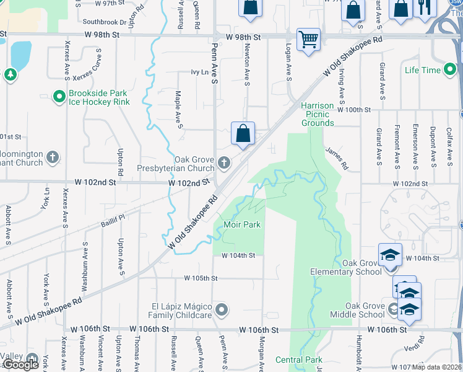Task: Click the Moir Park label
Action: pyautogui.click(x=242, y=224)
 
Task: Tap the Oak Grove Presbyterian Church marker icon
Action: pyautogui.click(x=224, y=164)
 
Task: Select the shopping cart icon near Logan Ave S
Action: pyautogui.click(x=308, y=40)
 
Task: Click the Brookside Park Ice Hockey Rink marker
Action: pyautogui.click(x=59, y=97)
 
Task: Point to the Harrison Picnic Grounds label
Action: pyautogui.click(x=318, y=114)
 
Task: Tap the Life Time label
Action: pyautogui.click(x=423, y=70)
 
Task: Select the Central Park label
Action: pyautogui.click(x=299, y=360)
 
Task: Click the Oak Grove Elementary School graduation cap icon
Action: pyautogui.click(x=391, y=255)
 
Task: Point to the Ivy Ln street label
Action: pyautogui.click(x=199, y=73)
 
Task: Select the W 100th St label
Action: pyautogui.click(x=352, y=109)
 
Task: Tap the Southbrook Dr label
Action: pyautogui.click(x=104, y=22)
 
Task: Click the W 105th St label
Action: pyautogui.click(x=201, y=278)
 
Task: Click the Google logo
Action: pyautogui.click(x=21, y=365)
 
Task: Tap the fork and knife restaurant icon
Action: pyautogui.click(x=425, y=7)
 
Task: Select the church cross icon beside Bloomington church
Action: pyautogui.click(x=53, y=156)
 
